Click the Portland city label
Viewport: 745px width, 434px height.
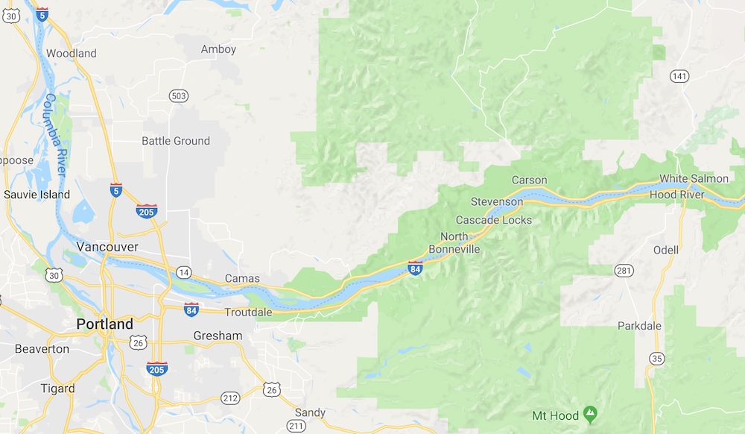pos(105,324)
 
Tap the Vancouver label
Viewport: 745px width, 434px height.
pos(107,246)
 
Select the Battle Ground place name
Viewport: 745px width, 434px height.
pos(176,141)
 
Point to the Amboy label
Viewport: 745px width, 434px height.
pos(218,49)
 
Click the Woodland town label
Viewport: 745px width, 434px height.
pos(72,54)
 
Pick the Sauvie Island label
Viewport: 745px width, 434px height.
pos(37,195)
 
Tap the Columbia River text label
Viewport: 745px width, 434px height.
pos(55,134)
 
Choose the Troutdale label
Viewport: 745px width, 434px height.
pos(249,312)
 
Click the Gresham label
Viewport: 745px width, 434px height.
pos(218,336)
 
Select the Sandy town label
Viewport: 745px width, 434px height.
pos(310,412)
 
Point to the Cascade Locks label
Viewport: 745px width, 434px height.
pos(494,220)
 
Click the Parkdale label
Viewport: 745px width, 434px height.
pos(639,326)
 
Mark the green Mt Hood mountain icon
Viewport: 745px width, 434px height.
pos(591,412)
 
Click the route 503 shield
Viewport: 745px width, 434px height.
pos(179,96)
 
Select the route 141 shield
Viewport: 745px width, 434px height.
pos(679,76)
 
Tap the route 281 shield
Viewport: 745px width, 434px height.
pos(624,270)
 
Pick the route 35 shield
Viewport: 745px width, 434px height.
pos(656,358)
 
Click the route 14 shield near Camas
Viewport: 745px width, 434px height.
pos(182,272)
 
